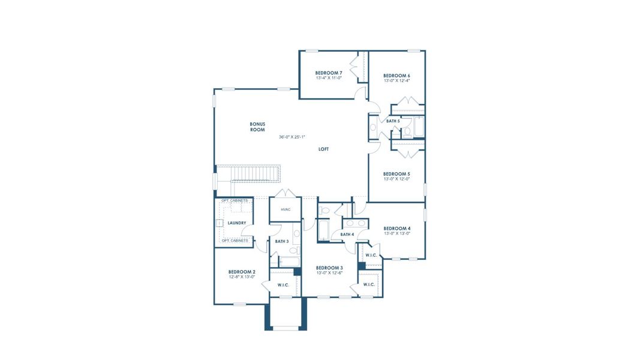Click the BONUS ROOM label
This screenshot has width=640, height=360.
click(x=257, y=127)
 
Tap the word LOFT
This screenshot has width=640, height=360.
click(x=323, y=149)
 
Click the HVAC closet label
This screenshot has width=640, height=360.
click(x=286, y=209)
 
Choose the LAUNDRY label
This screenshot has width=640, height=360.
click(x=237, y=223)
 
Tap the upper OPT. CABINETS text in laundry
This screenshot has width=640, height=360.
click(x=234, y=200)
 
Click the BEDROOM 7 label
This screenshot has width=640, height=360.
click(x=329, y=73)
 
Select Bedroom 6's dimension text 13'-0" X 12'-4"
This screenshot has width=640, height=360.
click(x=396, y=81)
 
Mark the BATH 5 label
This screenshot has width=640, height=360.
click(x=393, y=121)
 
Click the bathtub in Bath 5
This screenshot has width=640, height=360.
click(x=419, y=127)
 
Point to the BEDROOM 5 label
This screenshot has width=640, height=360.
click(x=396, y=173)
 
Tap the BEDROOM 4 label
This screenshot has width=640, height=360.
click(x=396, y=228)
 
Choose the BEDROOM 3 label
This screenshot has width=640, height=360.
click(x=329, y=268)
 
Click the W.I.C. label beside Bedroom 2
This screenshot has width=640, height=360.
click(x=283, y=285)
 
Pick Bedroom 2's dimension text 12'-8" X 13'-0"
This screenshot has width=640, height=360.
click(x=242, y=277)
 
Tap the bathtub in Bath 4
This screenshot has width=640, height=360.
click(x=323, y=230)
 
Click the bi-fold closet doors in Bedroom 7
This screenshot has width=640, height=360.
click(x=358, y=66)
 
